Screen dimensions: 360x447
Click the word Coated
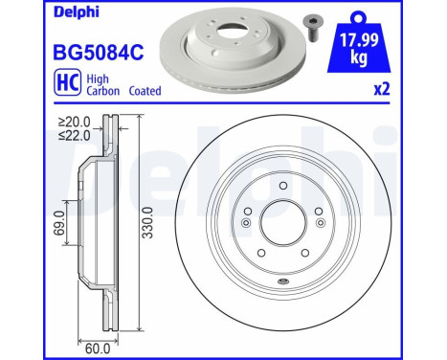pos(140,91)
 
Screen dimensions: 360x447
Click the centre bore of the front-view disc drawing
pos(282,223)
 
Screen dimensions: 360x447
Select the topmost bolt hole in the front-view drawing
pos(283,186)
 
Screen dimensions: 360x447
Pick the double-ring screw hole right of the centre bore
pos(320,224)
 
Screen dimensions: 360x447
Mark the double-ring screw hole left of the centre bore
pos(246,224)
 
